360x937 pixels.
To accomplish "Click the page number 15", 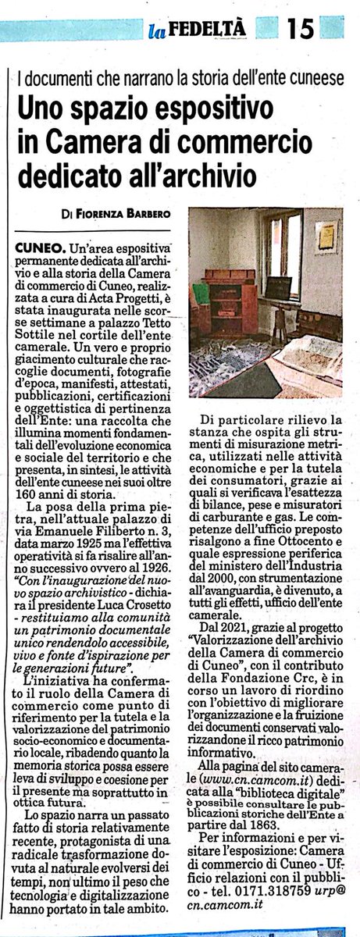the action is [299, 29].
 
